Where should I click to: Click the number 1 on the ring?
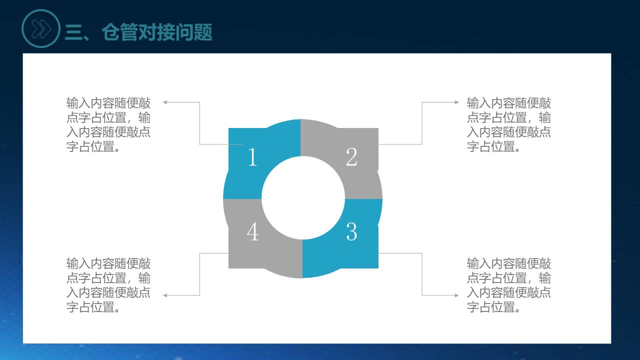252,156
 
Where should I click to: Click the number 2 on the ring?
351,156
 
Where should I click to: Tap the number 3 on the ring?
351,231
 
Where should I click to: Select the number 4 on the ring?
252,231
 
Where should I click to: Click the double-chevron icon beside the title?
41,28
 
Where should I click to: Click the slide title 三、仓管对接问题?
138,32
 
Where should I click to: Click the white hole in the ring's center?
303,197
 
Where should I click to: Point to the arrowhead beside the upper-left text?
165,102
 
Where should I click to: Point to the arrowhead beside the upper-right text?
456,102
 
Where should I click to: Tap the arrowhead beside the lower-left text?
165,295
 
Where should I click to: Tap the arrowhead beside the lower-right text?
456,295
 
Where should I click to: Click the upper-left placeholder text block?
108,125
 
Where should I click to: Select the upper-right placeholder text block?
509,125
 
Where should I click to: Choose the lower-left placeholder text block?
108,285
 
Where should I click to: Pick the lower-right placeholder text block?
509,285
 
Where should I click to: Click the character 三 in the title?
73,32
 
